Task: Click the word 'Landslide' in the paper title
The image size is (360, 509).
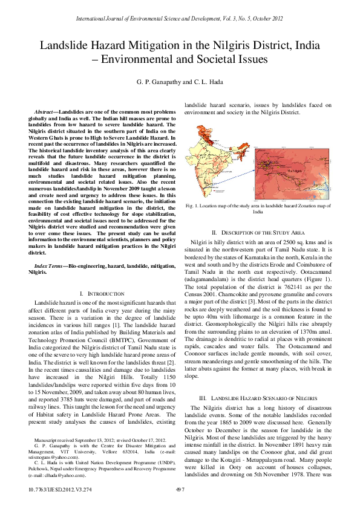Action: [68, 45]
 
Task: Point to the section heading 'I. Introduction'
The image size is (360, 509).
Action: [98, 293]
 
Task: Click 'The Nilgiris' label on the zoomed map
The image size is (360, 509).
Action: [294, 171]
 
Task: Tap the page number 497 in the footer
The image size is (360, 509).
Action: [196, 489]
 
